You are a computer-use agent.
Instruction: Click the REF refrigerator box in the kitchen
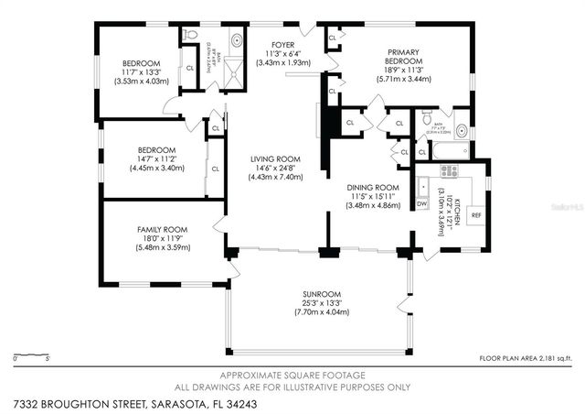(475, 215)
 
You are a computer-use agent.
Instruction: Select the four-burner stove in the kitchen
(450, 170)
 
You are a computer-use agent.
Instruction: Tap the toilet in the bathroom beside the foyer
(190, 35)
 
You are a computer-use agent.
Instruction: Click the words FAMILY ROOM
(162, 229)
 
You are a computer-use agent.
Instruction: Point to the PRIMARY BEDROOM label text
(403, 58)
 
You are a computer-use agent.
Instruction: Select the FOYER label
(282, 44)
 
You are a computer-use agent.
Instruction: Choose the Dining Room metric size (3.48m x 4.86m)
(373, 205)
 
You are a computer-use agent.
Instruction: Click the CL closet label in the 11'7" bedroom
(190, 70)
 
